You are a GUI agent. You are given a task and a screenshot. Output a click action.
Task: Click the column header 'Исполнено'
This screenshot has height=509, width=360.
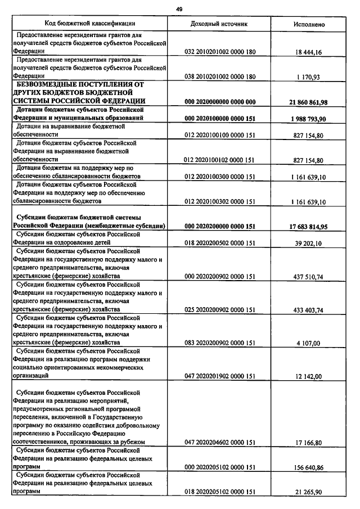[x=309, y=25]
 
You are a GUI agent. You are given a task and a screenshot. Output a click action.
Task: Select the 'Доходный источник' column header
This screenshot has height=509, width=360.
[x=219, y=24]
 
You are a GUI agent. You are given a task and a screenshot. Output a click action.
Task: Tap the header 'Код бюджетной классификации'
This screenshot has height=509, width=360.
[x=91, y=24]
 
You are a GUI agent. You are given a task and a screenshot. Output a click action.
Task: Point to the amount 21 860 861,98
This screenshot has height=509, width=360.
[x=308, y=101]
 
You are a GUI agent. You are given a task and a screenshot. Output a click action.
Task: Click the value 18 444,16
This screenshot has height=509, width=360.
[x=308, y=52]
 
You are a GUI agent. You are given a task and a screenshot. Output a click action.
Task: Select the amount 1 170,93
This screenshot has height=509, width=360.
[x=308, y=76]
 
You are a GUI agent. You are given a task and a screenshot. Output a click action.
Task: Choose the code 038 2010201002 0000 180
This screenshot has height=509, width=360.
[x=219, y=76]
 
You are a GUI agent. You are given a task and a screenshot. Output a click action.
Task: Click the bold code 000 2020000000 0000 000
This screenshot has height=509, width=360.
[x=219, y=101]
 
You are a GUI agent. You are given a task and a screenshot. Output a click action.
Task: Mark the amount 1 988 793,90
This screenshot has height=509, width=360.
[x=308, y=118]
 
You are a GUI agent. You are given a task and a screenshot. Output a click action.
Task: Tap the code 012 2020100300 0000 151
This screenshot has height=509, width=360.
[x=219, y=177]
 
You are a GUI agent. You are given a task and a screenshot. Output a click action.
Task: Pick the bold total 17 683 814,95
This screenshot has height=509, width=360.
[x=308, y=226]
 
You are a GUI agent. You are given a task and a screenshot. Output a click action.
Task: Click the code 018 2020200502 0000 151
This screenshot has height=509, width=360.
[x=219, y=243]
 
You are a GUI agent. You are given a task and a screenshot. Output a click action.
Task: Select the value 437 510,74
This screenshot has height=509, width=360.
[x=308, y=276]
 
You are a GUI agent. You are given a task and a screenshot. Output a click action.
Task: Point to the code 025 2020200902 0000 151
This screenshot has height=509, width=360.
[x=219, y=309]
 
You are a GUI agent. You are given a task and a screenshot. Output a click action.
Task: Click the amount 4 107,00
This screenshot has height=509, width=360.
[x=308, y=343]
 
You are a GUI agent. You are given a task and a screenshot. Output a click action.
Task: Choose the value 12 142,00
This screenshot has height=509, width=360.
[x=308, y=376]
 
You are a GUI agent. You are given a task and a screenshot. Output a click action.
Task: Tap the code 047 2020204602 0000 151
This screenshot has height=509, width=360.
[x=219, y=443]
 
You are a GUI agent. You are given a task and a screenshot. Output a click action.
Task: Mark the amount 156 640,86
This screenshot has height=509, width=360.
[x=308, y=467]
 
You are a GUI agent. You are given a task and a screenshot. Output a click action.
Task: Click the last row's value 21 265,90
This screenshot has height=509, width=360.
[x=308, y=492]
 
